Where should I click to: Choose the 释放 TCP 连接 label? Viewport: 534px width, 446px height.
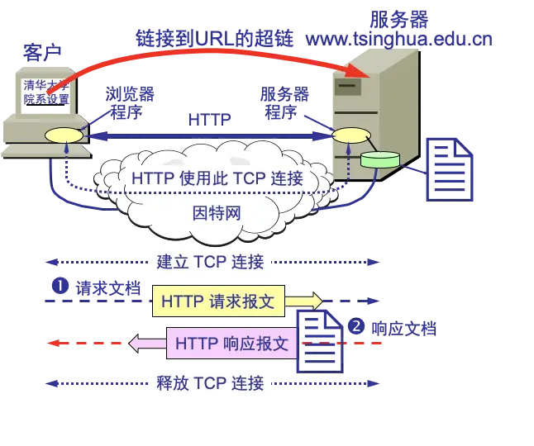pyautogui.click(x=210, y=383)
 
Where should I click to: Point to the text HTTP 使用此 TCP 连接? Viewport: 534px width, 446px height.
pyautogui.click(x=217, y=178)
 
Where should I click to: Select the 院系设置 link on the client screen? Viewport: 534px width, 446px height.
pyautogui.click(x=47, y=99)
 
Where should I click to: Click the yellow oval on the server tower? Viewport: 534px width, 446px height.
pyautogui.click(x=346, y=135)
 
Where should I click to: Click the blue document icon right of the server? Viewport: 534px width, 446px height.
pyautogui.click(x=449, y=170)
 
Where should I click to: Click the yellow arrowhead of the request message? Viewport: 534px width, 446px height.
pyautogui.click(x=313, y=301)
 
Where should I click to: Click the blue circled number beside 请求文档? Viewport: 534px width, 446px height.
pyautogui.click(x=60, y=287)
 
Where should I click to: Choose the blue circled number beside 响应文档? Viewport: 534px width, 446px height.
pyautogui.click(x=356, y=326)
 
